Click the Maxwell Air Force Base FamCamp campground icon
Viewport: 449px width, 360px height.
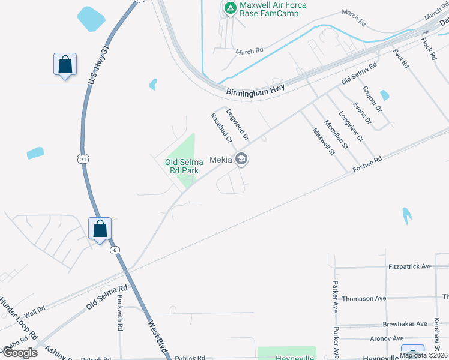(x=229, y=8)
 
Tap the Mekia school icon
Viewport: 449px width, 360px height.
(x=241, y=160)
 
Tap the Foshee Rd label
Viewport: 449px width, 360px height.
(x=367, y=164)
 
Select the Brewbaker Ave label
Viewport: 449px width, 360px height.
(x=405, y=323)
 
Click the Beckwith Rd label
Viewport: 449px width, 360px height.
(x=120, y=314)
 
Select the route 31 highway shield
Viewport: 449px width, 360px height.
(x=83, y=158)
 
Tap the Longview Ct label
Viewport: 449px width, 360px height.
(x=351, y=127)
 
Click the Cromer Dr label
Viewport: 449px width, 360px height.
(x=372, y=99)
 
